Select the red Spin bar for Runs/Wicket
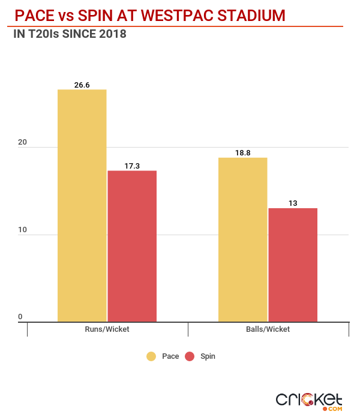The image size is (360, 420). click(x=132, y=246)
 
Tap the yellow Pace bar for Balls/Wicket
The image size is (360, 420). click(x=242, y=240)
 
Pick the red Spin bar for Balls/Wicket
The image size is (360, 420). click(x=293, y=265)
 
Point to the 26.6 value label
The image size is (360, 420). click(x=82, y=85)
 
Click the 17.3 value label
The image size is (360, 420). click(x=132, y=166)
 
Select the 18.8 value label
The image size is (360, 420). click(x=242, y=153)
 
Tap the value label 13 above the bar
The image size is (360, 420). click(x=293, y=203)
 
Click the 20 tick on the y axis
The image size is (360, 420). click(x=22, y=142)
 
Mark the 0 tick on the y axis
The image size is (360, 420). click(x=20, y=317)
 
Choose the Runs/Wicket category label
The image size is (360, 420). click(x=107, y=329)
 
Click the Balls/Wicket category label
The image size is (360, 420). click(x=268, y=329)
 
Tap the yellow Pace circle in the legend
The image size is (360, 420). click(x=152, y=356)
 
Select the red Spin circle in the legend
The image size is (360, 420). click(x=190, y=356)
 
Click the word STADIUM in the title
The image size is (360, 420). click(x=250, y=14)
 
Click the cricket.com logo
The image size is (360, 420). click(x=309, y=401)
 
